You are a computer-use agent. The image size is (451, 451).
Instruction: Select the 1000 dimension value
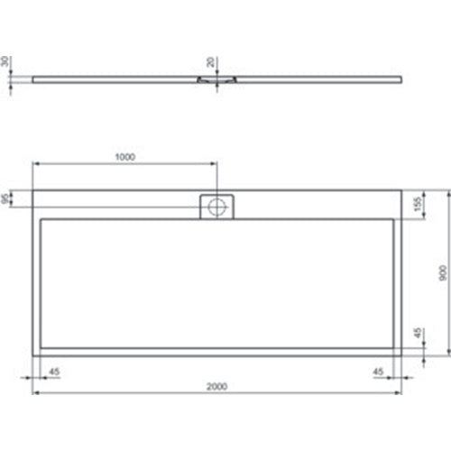point(124,157)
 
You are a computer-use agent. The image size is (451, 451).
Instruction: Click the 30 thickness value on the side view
point(6,63)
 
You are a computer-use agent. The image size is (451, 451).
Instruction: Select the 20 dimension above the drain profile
point(210,62)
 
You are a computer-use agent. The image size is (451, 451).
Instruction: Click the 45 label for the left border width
point(53,370)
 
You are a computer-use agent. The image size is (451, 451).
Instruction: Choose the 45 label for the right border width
point(377,370)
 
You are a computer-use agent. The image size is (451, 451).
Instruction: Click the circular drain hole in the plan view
point(216,207)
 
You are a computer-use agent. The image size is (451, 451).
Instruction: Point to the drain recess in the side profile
point(216,80)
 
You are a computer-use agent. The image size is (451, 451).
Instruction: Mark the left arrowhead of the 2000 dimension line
point(36,393)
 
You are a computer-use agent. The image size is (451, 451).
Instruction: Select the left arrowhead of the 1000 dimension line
point(36,163)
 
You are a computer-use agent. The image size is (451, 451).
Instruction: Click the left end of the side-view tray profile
point(33,78)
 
